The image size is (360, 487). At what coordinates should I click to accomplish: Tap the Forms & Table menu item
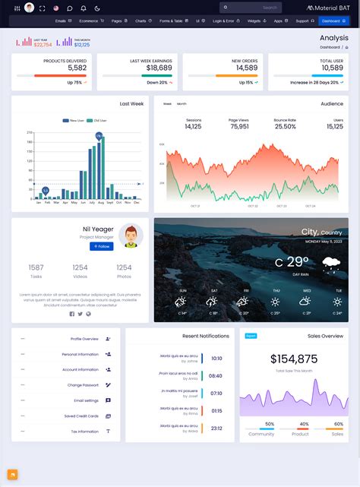tap(171, 21)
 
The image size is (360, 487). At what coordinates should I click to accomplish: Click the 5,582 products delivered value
tap(76, 68)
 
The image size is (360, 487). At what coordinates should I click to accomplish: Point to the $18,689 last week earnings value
tap(158, 68)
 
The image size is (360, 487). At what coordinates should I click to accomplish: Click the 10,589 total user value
tap(332, 68)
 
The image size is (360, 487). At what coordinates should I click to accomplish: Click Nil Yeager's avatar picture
tap(131, 236)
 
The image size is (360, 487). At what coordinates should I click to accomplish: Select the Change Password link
tap(83, 385)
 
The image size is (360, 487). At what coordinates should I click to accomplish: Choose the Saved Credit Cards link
tap(81, 416)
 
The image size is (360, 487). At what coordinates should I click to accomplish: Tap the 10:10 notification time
tap(216, 358)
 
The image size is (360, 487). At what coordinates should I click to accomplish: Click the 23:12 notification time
tap(216, 428)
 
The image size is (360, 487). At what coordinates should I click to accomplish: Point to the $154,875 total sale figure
tap(294, 359)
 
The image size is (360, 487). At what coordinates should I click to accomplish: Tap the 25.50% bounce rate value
tap(285, 126)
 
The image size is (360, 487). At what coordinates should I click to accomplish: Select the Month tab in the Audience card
tap(182, 103)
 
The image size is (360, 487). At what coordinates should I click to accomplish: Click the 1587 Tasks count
tap(36, 267)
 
